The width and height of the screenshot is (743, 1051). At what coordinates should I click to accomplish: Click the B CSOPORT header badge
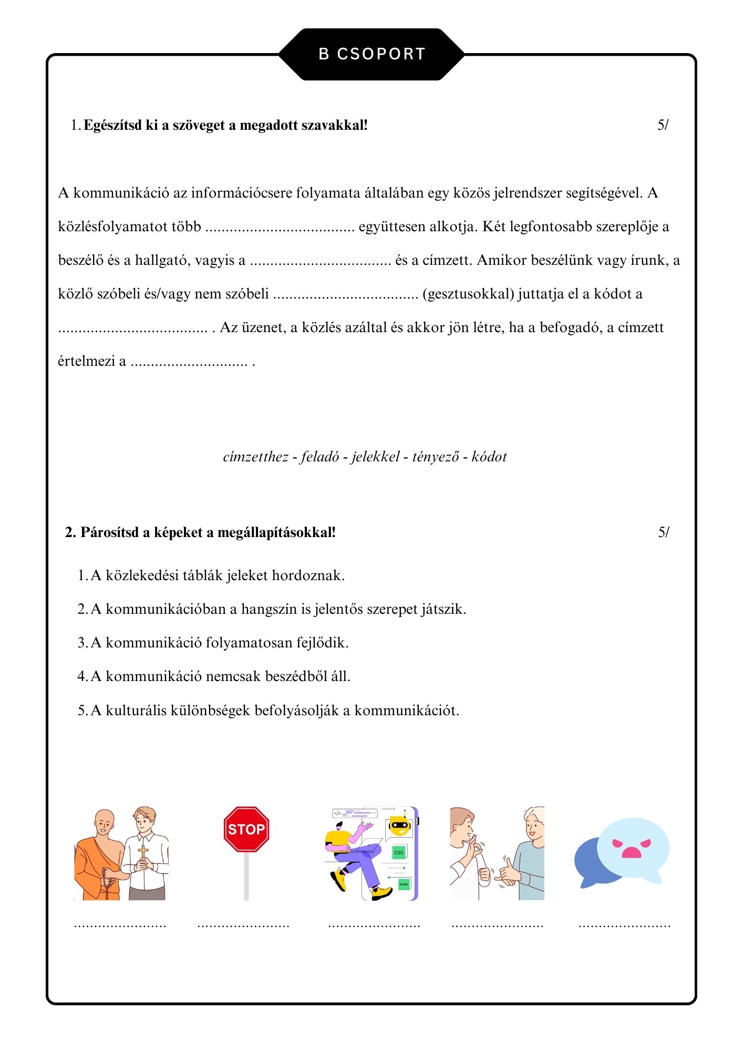371,54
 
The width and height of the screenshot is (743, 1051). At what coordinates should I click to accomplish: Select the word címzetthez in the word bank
255,457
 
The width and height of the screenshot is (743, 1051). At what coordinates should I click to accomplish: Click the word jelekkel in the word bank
376,457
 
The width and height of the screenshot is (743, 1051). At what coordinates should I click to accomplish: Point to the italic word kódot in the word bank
489,457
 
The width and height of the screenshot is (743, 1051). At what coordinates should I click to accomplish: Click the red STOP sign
246,829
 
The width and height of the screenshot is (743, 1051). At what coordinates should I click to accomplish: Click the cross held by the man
143,851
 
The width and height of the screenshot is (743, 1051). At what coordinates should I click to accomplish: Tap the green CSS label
399,852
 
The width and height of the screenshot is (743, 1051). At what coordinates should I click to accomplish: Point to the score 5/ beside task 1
663,125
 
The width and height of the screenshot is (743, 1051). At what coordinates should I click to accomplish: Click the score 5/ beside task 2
664,532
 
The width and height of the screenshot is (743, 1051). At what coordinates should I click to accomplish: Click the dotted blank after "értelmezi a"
189,362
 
